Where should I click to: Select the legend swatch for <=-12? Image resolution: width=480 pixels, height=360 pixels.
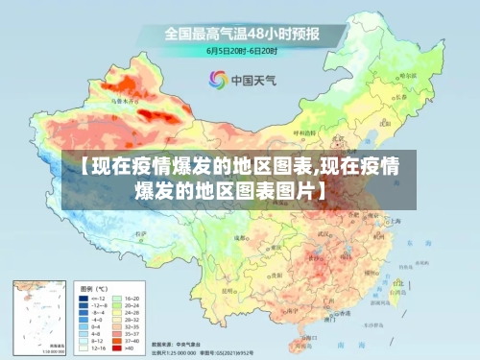84,299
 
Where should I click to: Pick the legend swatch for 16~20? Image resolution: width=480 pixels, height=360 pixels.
119,299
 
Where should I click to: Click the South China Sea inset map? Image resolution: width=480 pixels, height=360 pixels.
39,315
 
